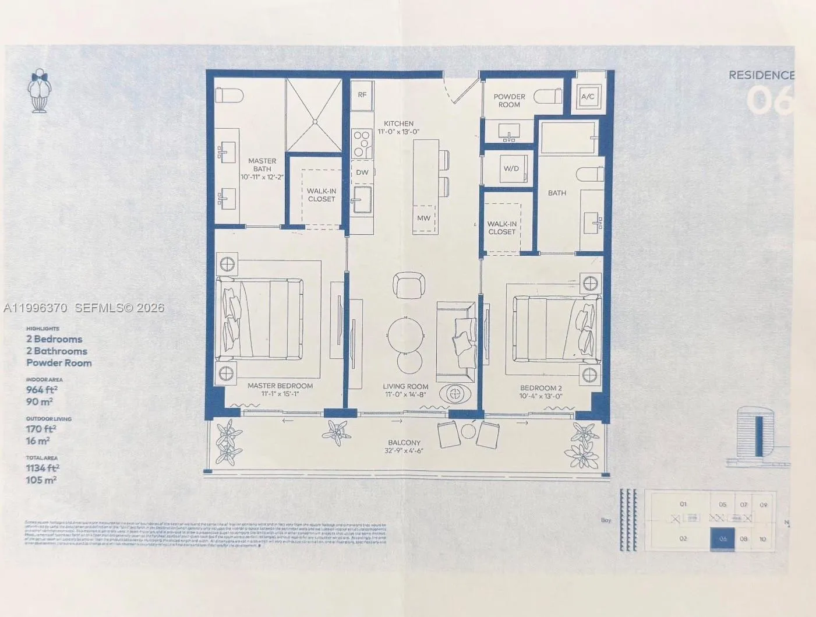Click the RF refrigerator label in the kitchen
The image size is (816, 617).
(x=362, y=94)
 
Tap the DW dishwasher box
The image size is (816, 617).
(x=362, y=172)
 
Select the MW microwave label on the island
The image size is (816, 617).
(x=424, y=218)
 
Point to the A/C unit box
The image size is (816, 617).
(x=588, y=97)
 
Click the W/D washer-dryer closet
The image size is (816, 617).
(x=511, y=169)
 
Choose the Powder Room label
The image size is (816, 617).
(x=509, y=101)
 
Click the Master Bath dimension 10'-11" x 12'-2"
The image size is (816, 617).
(x=262, y=177)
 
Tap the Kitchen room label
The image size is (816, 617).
(x=399, y=124)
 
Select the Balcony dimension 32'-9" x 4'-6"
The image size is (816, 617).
(x=404, y=451)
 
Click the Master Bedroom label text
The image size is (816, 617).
(x=280, y=386)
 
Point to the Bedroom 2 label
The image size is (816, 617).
(x=541, y=388)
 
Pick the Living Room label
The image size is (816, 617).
(x=405, y=386)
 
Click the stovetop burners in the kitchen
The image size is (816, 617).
(x=362, y=143)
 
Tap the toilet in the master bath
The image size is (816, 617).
(x=226, y=96)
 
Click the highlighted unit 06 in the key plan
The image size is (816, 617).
(x=722, y=539)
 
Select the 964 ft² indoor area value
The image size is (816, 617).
(x=42, y=390)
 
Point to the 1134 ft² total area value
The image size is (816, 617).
(x=43, y=468)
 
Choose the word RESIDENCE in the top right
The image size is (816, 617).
(x=761, y=75)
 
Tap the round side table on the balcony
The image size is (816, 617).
(x=469, y=431)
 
